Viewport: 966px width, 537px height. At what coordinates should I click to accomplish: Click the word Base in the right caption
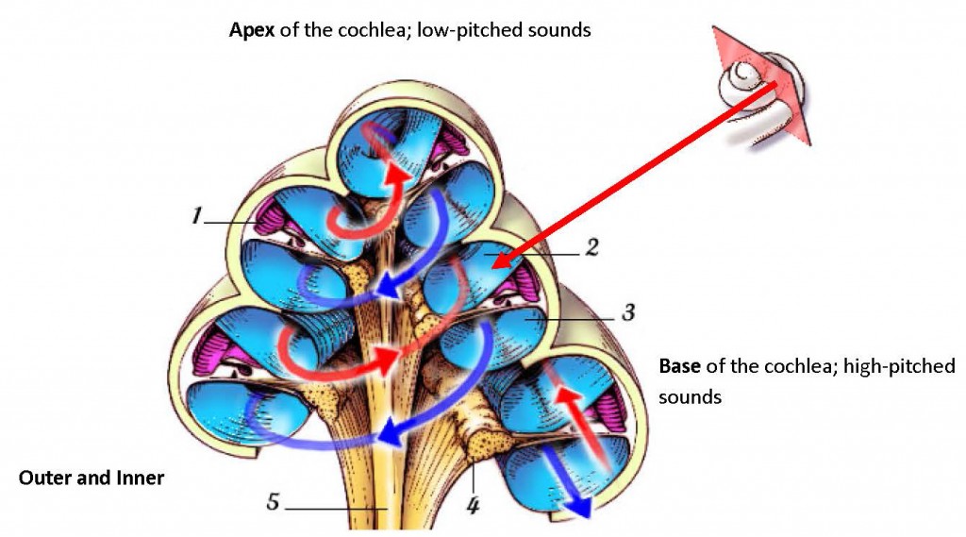point(679,366)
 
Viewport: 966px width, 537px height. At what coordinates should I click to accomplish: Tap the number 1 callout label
point(196,217)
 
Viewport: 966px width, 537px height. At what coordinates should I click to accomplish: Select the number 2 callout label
point(591,249)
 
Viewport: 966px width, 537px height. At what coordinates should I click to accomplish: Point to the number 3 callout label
point(626,311)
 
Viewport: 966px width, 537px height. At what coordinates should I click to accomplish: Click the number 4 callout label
point(474,506)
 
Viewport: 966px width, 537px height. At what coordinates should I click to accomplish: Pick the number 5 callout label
point(273,503)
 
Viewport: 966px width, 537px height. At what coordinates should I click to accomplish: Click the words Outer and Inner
point(92,478)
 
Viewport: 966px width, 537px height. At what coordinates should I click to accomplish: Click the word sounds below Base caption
point(689,396)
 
